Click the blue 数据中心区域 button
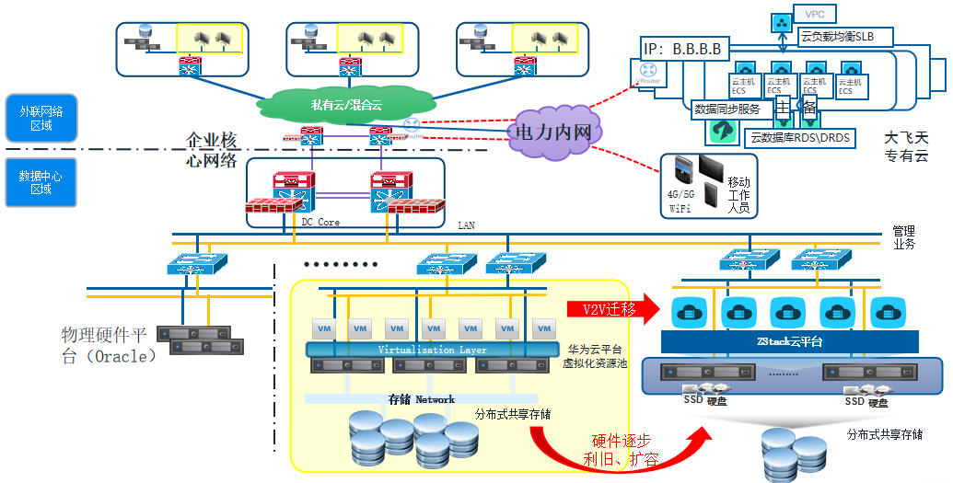pyautogui.click(x=41, y=182)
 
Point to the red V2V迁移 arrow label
pyautogui.click(x=609, y=309)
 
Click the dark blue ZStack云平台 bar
pyautogui.click(x=790, y=341)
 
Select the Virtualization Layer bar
pyautogui.click(x=432, y=350)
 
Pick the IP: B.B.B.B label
pyautogui.click(x=682, y=49)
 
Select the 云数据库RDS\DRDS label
pyautogui.click(x=800, y=138)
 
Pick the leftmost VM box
pyautogui.click(x=323, y=328)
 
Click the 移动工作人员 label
pyautogui.click(x=738, y=195)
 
